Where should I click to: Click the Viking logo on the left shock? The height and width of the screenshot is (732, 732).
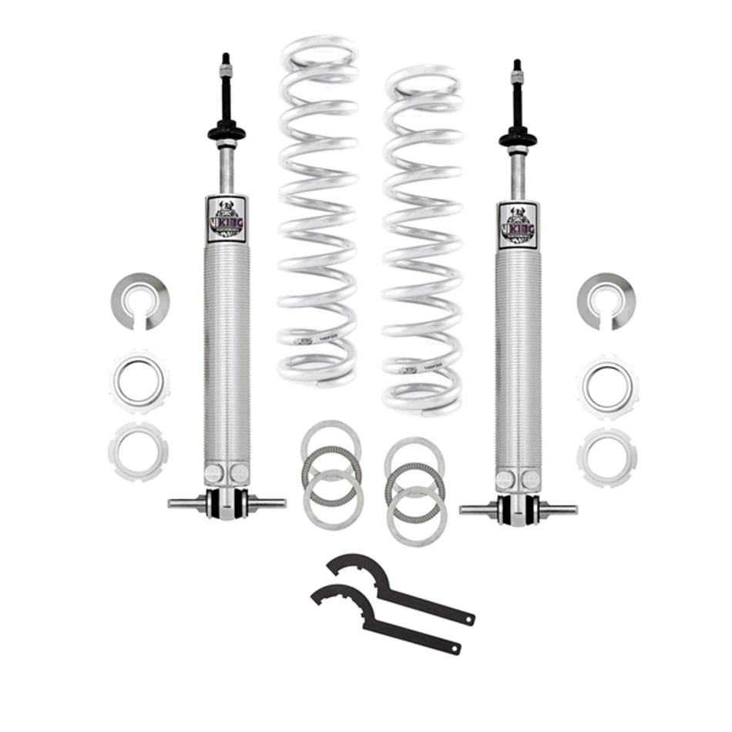point(227,220)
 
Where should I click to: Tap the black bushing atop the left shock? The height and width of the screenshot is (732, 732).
point(227,132)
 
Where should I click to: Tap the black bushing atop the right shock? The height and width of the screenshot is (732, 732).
point(518,139)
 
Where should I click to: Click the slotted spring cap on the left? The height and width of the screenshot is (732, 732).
point(139,300)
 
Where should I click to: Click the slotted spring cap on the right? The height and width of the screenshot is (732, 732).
point(606,300)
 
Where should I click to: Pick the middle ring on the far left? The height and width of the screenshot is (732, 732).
point(139,381)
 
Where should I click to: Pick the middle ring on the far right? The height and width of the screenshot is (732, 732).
point(607,384)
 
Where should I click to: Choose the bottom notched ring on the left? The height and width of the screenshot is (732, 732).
point(138,451)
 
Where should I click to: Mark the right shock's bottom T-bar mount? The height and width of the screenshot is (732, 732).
point(518,509)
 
